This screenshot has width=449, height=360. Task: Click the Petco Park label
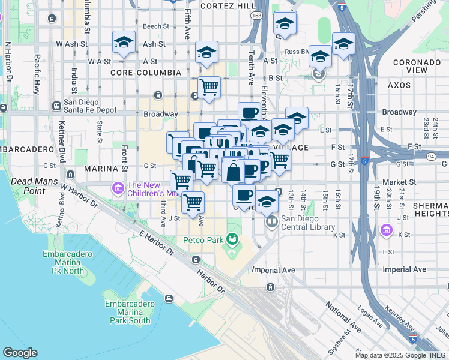[x=203, y=241]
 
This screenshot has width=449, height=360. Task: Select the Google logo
[x=20, y=353]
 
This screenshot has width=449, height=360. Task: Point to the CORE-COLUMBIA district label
[x=145, y=73]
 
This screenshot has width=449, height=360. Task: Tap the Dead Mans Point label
[x=31, y=186]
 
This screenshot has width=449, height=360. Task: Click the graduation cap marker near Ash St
[x=124, y=42]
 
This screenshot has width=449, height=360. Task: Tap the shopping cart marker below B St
[x=209, y=87]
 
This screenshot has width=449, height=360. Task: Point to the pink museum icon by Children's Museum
[x=118, y=189]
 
